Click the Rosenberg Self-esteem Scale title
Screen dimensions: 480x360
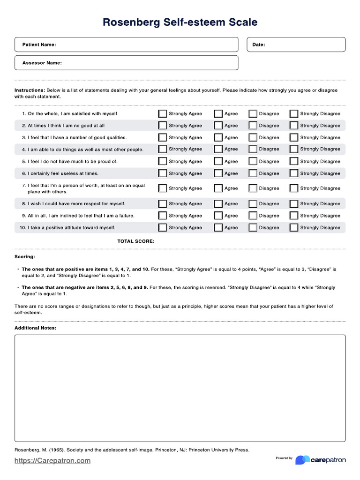180,22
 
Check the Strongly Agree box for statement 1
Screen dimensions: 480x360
162,113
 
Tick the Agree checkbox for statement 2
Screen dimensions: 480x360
218,126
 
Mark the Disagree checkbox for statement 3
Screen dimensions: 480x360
253,138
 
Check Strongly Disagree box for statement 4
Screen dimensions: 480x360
293,149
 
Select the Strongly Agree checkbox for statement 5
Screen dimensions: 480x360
162,161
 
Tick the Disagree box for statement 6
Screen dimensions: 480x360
253,173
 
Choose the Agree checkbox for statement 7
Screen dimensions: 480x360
218,188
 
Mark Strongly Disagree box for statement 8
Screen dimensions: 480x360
293,204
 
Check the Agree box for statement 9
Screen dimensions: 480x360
218,216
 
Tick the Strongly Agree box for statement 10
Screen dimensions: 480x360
162,228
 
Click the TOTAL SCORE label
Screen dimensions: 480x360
135,241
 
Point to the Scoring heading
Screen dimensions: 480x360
24,257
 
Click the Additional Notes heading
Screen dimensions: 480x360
36,328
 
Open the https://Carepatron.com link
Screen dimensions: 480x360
52,461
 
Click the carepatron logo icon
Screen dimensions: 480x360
302,460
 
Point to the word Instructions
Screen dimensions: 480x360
30,90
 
